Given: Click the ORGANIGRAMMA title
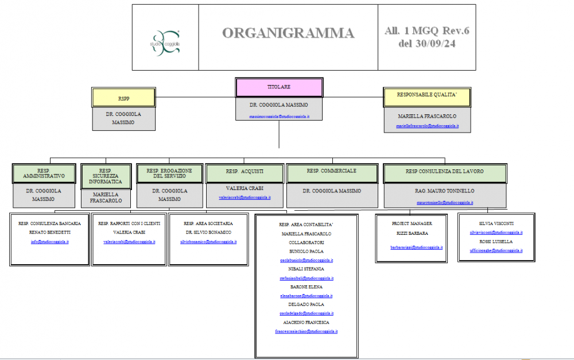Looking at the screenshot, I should tap(288, 33).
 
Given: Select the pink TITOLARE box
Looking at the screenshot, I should tap(279, 87).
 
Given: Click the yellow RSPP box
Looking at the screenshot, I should tap(123, 98).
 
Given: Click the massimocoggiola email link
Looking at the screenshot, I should tap(279, 117).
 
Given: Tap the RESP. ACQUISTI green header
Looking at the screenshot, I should tap(245, 172).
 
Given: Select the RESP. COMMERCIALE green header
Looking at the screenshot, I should tap(331, 171).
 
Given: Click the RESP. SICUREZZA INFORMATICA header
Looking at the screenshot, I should tap(106, 176).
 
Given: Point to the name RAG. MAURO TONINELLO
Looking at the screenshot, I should tap(444, 191).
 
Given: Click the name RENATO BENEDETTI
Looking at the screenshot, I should tap(49, 233).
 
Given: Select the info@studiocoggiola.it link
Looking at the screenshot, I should tap(49, 242).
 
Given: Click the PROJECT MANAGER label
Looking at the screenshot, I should tap(412, 223).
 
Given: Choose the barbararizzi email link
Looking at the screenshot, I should tap(417, 247).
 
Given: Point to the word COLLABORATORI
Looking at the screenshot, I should tap(306, 242).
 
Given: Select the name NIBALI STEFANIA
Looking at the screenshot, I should tap(306, 269).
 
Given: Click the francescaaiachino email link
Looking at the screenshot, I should tap(306, 331).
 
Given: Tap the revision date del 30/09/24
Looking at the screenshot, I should tap(426, 44).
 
